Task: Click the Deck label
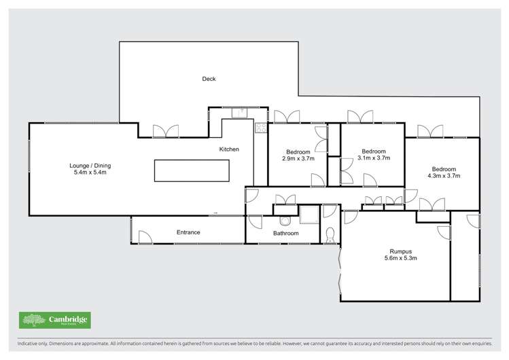[209, 79]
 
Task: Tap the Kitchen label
[229, 149]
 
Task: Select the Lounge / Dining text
[90, 166]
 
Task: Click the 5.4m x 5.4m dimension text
[90, 173]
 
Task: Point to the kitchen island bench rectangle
[192, 170]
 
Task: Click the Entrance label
[188, 232]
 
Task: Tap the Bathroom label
[286, 234]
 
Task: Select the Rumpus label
[400, 251]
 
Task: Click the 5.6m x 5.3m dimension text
[400, 258]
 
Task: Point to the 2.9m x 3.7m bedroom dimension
[298, 158]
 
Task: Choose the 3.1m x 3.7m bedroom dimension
[374, 158]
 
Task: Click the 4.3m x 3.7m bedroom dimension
[444, 176]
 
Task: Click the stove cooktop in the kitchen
[260, 127]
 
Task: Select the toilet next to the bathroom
[330, 235]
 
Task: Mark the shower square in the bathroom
[309, 215]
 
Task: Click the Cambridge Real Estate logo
[54, 320]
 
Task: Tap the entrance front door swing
[144, 237]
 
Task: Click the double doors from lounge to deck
[166, 131]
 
